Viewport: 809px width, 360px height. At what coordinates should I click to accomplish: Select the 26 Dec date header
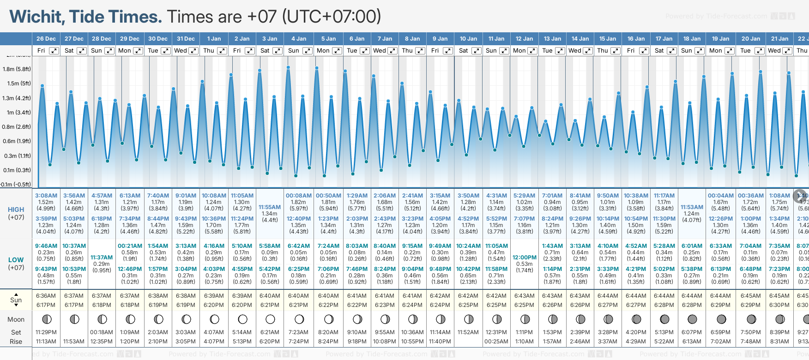46,39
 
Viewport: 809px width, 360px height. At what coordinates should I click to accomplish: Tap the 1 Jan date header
214,39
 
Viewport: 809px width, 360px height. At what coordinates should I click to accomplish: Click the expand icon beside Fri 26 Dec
54,51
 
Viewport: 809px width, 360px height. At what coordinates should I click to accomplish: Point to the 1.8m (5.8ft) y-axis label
17,69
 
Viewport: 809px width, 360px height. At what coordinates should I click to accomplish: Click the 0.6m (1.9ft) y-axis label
17,141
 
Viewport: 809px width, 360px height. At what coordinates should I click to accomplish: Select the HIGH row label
16,210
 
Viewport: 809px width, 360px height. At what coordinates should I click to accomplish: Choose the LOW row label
16,260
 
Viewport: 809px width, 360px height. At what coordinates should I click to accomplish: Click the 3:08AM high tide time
46,196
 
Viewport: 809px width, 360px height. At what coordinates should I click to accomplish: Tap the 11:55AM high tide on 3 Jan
270,207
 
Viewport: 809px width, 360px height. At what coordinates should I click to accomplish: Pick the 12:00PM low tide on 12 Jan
525,258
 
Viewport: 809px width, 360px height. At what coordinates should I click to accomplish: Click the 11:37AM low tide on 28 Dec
102,258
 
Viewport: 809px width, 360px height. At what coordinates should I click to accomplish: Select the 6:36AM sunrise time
46,296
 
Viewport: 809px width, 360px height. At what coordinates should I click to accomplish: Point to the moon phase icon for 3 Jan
270,319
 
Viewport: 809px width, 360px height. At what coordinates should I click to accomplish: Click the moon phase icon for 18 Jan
692,319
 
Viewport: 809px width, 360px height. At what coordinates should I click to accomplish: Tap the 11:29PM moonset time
46,332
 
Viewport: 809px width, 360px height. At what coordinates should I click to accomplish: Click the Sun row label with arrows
16,300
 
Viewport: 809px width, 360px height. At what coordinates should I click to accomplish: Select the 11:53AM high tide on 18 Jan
692,207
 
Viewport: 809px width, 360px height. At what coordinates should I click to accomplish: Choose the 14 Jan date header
580,39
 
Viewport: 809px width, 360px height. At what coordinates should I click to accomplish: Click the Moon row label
16,319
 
